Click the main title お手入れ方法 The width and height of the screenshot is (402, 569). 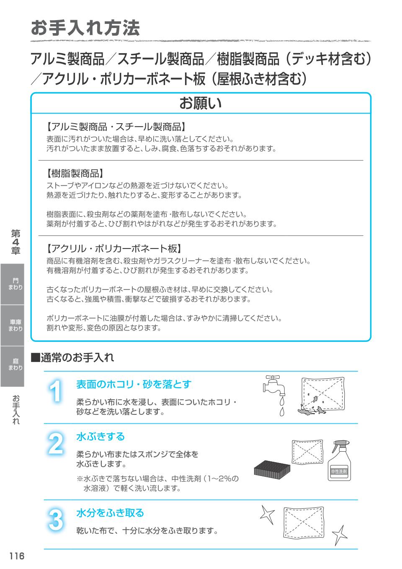point(85,28)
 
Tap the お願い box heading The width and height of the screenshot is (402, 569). point(201,103)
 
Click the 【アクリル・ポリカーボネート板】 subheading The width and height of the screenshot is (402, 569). point(113,248)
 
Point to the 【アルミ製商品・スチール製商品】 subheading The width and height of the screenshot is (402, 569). point(116,126)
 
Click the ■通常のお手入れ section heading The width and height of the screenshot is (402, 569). point(72,357)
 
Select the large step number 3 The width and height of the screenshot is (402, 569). point(55,520)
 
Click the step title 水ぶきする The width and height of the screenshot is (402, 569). point(100,437)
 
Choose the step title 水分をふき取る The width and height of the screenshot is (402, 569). point(110,513)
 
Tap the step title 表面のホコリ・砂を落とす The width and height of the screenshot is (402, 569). point(134,384)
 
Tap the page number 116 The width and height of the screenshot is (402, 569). point(17,556)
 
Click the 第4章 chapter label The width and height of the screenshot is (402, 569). point(15,242)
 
